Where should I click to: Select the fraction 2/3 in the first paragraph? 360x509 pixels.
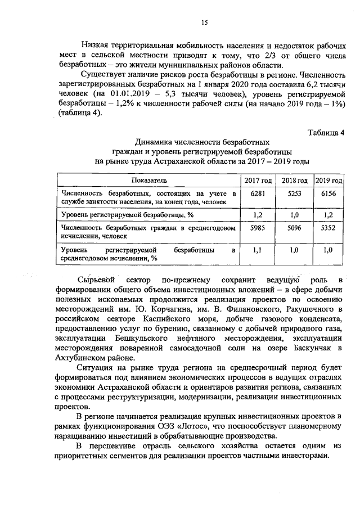271,55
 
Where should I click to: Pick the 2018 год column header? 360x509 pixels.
294,180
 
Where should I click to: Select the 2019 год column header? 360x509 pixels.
328,180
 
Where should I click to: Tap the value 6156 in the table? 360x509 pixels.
328,193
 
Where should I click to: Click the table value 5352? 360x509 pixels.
328,228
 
